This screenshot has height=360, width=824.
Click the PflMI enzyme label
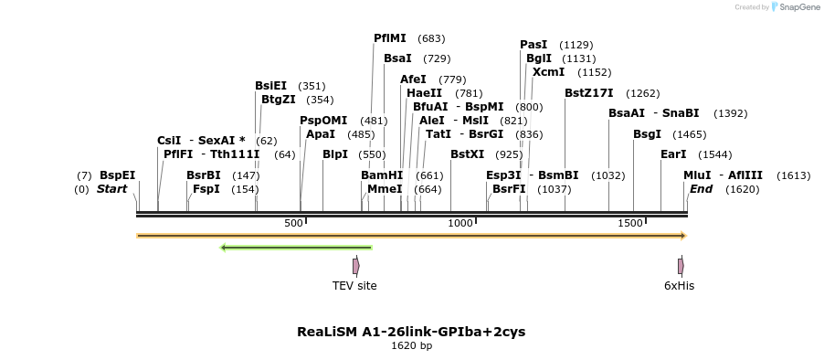click(390, 38)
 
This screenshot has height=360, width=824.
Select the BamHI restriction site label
click(381, 175)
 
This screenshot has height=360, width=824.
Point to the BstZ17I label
click(588, 92)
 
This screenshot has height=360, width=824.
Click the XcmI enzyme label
click(548, 71)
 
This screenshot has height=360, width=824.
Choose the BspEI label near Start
click(117, 175)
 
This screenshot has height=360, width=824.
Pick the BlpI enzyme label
click(335, 154)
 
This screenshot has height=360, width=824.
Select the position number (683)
click(431, 39)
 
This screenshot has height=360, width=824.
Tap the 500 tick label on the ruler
click(294, 223)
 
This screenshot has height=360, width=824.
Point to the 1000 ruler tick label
click(460, 223)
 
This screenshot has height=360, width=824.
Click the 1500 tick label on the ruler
click(630, 223)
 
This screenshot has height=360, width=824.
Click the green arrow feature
click(296, 247)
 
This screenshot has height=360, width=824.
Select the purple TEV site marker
click(355, 266)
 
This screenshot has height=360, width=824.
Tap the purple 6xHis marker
click(681, 266)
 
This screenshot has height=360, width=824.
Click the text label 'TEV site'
click(354, 285)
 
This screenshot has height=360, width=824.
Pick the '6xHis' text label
click(679, 285)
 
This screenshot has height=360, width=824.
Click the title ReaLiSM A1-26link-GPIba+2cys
click(411, 331)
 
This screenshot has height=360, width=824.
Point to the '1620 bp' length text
click(411, 345)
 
